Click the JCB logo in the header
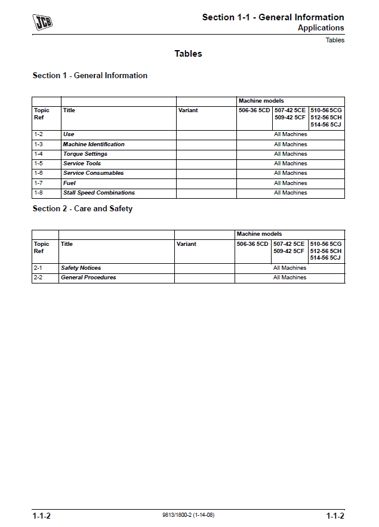[x=42, y=23]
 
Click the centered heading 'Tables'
[x=188, y=54]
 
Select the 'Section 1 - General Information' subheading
[x=90, y=76]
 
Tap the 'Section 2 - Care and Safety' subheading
[x=82, y=209]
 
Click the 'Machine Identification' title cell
[x=94, y=144]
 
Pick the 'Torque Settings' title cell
[x=85, y=154]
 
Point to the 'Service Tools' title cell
[x=82, y=164]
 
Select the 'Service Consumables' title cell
[x=93, y=173]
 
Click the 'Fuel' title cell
[x=69, y=183]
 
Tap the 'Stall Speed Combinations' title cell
[x=98, y=193]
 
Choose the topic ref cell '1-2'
[x=38, y=135]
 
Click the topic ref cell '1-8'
[x=38, y=193]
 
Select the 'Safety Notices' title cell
[x=81, y=268]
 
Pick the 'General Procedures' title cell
[x=88, y=278]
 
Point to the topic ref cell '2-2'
[x=38, y=278]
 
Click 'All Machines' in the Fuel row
[x=291, y=183]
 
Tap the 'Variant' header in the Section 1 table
[x=188, y=110]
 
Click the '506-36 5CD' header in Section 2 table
[x=252, y=244]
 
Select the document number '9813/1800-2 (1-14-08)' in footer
[x=188, y=515]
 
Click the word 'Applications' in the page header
[x=321, y=28]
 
